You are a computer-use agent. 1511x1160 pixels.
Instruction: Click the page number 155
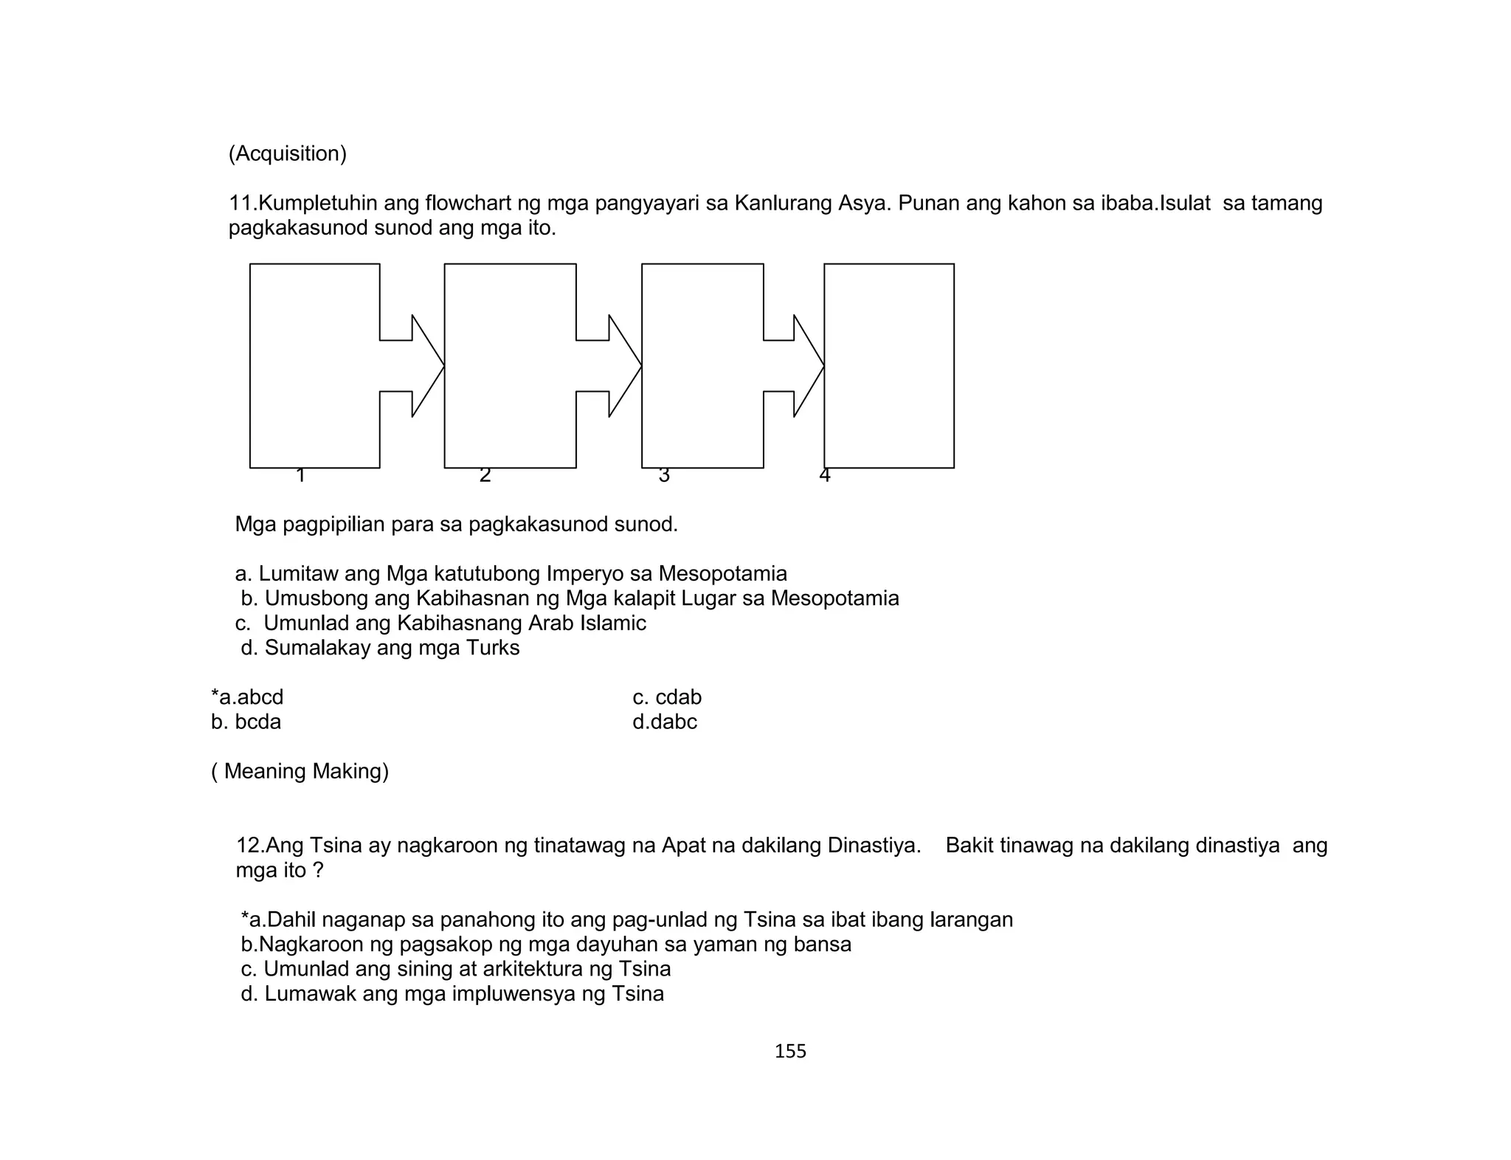790,1051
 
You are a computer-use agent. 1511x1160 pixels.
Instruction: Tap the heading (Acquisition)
287,153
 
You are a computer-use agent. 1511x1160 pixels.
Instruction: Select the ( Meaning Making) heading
300,771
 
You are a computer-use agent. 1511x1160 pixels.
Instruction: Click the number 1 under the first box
300,476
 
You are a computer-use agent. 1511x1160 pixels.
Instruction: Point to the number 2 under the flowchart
485,476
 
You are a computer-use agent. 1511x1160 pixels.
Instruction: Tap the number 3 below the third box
664,476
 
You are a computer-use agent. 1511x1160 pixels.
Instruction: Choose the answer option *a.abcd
247,697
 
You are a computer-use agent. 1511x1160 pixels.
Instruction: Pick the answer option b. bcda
246,722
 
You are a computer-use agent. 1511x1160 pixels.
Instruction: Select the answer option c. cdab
667,697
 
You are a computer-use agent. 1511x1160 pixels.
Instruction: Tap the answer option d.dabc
664,722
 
